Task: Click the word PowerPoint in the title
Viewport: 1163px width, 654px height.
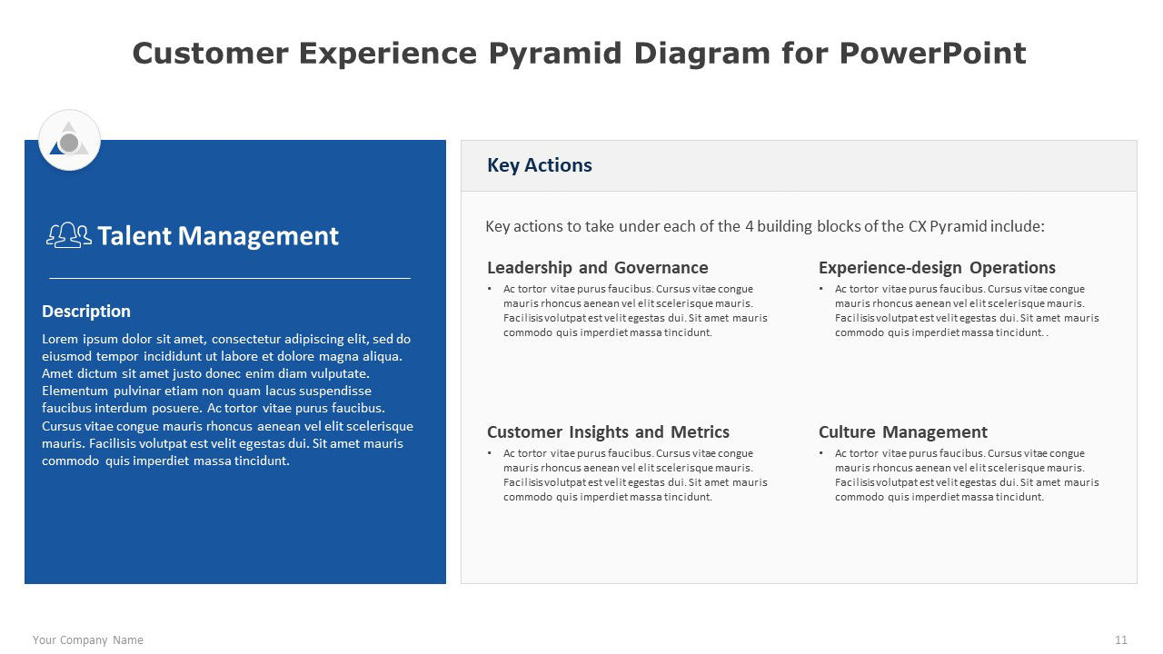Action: pos(932,53)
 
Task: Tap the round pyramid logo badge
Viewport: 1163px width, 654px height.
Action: pos(69,140)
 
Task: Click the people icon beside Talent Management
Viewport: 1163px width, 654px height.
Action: pos(69,235)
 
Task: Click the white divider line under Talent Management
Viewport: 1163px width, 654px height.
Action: pos(230,278)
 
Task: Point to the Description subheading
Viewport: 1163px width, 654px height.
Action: pos(86,311)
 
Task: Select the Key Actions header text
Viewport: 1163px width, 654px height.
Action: pos(540,165)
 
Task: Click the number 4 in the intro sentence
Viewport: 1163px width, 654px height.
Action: pos(750,226)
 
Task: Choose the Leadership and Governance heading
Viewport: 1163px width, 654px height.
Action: pos(598,267)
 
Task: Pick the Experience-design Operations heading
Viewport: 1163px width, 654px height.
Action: pos(937,267)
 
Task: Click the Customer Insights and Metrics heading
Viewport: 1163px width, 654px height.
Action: pos(608,431)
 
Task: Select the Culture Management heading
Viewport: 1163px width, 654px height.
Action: pos(903,431)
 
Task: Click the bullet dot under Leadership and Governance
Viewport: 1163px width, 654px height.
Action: pos(489,289)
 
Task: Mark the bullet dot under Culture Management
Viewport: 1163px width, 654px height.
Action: pos(820,453)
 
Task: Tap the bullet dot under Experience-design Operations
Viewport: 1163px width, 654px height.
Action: pos(820,289)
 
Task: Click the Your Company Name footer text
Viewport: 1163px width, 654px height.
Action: pos(88,640)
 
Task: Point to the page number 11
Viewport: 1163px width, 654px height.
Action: pos(1121,640)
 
